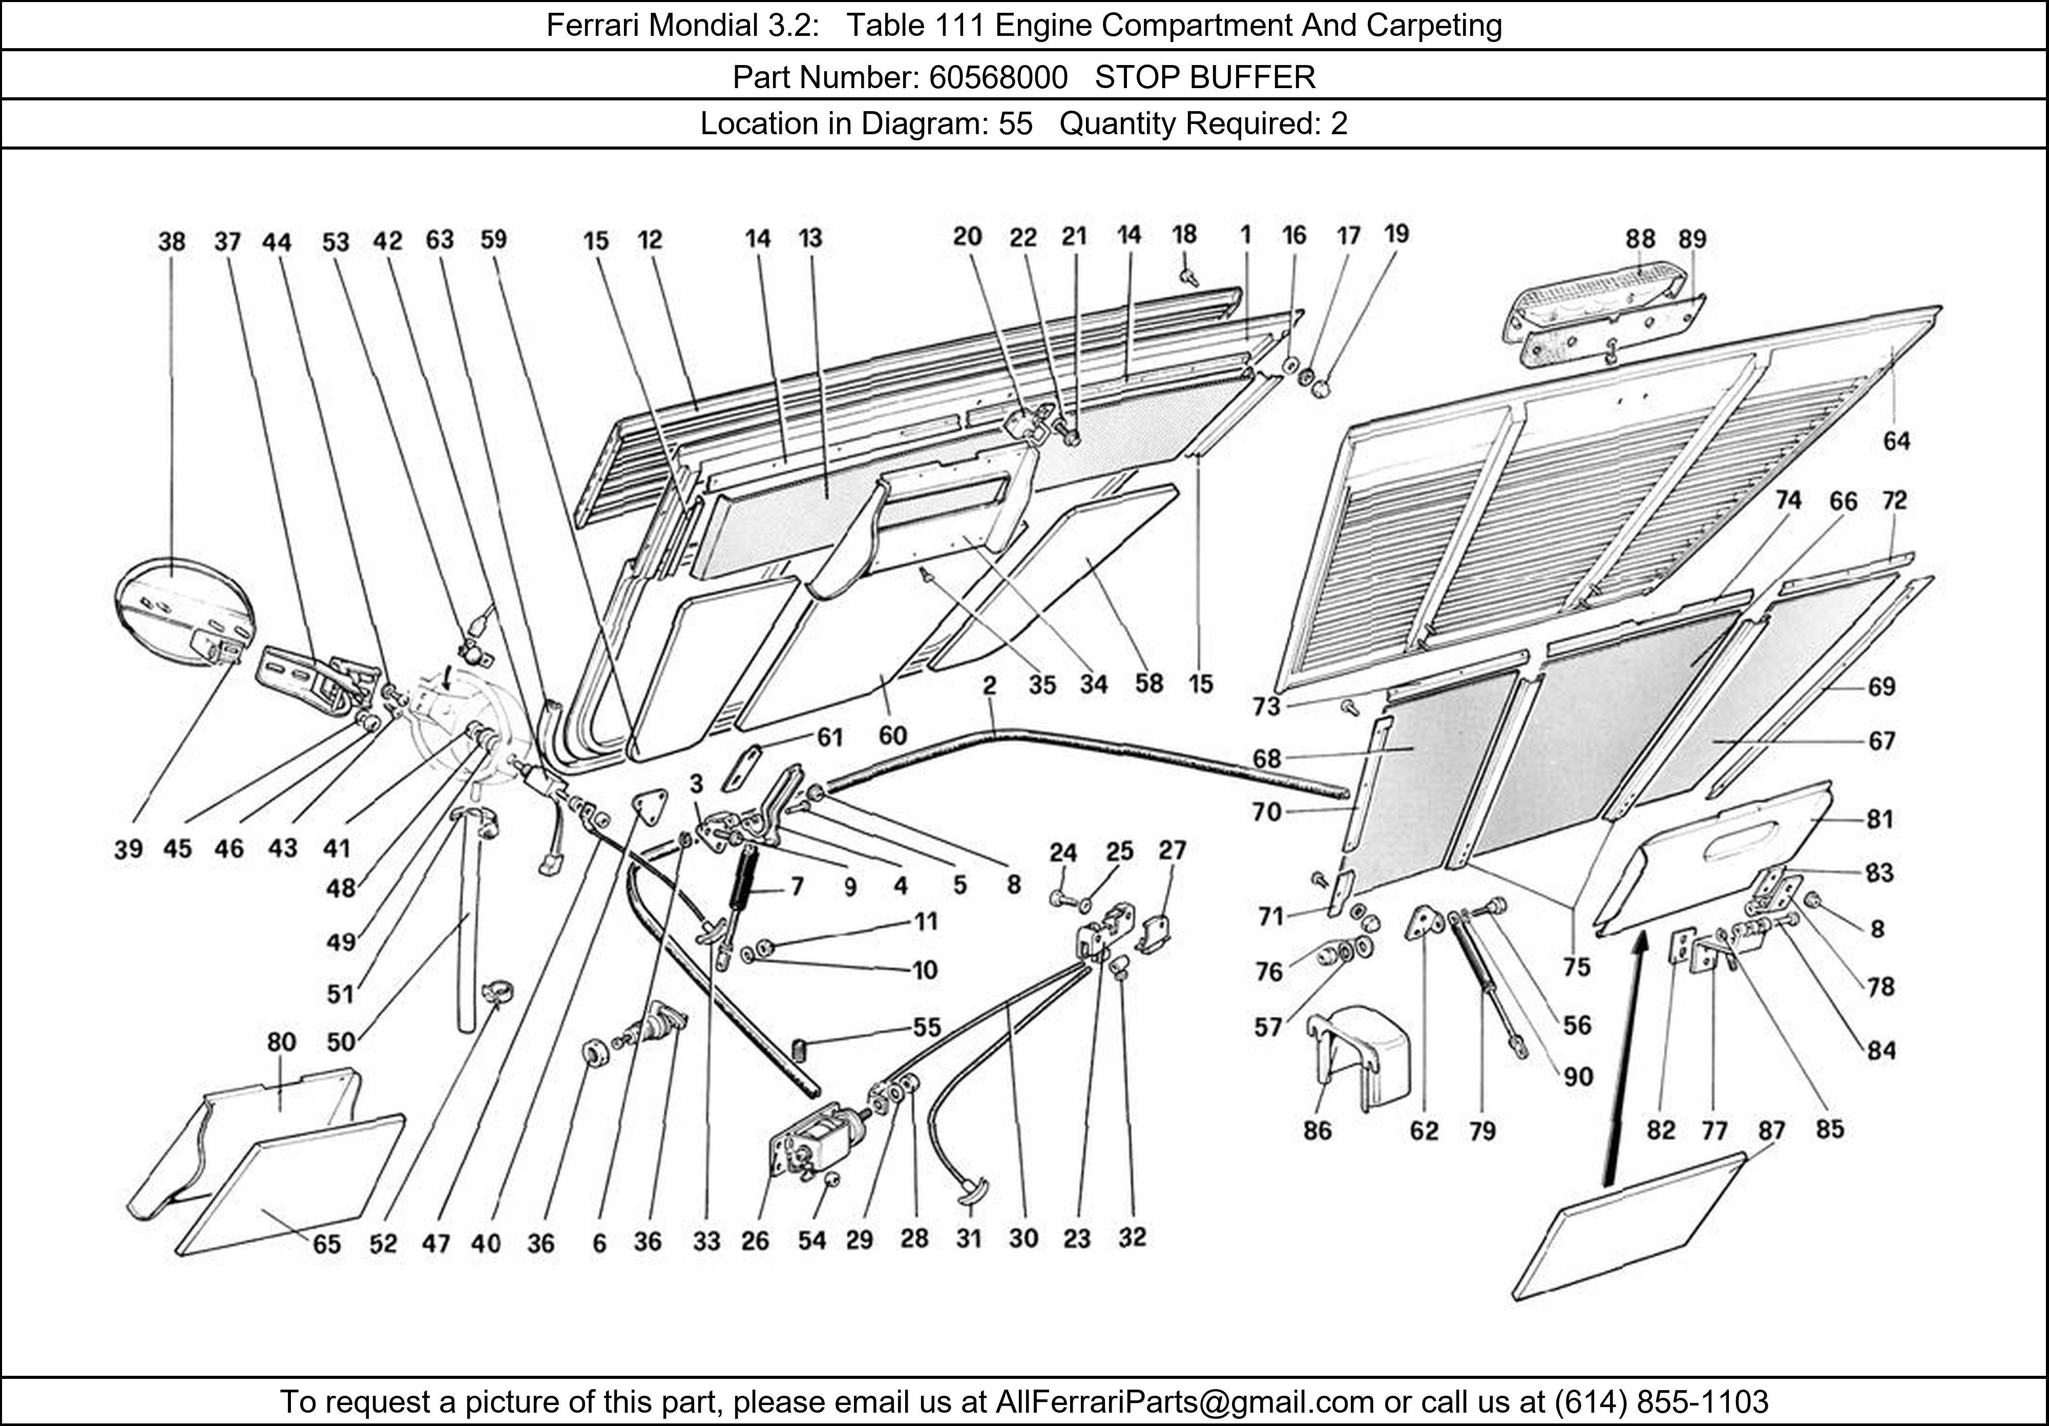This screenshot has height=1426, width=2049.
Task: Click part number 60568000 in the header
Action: coord(998,78)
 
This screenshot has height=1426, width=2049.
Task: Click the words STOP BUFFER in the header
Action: coord(1205,78)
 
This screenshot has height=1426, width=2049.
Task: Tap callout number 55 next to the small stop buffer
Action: coord(926,1027)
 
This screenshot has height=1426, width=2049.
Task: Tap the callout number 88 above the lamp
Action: coord(1639,239)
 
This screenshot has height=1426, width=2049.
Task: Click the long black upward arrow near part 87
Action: coord(1622,1062)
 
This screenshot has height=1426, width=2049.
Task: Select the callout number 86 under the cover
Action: coord(1317,1130)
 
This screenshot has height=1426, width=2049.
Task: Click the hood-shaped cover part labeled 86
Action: coord(1361,1053)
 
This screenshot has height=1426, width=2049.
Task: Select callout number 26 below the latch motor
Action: coord(755,1241)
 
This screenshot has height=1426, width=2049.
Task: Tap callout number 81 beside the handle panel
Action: coord(1879,819)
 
